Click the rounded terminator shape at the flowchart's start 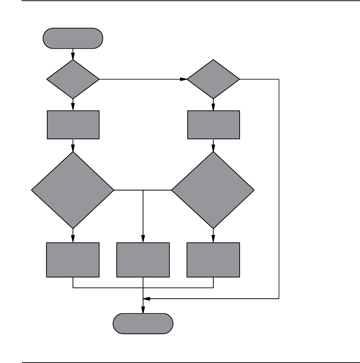tap(73, 38)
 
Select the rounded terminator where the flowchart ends tap(143, 324)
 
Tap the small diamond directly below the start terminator tap(73, 79)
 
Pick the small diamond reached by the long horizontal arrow tap(213, 79)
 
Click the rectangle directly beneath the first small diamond tap(73, 125)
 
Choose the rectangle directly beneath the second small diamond tap(213, 125)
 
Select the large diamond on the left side tap(73, 190)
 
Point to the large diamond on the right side tap(213, 190)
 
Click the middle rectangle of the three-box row tap(143, 260)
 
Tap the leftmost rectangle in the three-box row tap(73, 260)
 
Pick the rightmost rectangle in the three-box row tap(213, 260)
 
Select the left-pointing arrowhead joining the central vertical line tap(146, 299)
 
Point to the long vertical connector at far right tap(279, 183)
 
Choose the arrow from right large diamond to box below tap(213, 236)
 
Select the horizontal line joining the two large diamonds tap(143, 190)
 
